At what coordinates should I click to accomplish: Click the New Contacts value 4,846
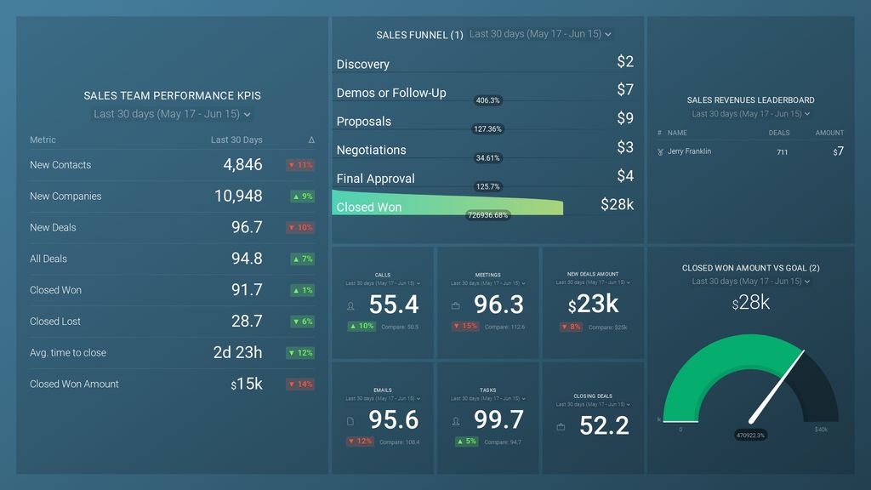pos(242,165)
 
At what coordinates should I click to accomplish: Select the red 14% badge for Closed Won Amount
pos(300,385)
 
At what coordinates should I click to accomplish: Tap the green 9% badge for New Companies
pos(302,197)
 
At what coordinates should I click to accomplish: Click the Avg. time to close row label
pos(68,353)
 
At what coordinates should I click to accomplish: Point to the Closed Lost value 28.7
pos(247,322)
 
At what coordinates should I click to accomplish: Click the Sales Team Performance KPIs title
pos(172,96)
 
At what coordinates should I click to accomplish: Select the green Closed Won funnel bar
pos(447,207)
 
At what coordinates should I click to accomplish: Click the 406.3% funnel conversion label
pos(488,100)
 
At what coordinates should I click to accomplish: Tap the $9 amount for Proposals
pos(625,118)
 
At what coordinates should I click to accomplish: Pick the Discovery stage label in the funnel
pos(363,65)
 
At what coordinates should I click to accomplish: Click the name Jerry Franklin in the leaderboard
pos(689,151)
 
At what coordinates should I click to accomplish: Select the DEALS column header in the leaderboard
pos(778,133)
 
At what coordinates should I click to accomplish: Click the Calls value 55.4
pos(394,305)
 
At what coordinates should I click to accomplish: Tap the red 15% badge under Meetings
pos(464,327)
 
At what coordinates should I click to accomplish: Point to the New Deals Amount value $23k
pos(593,305)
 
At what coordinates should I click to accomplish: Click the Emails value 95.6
pos(394,420)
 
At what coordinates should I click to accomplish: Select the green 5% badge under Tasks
pos(464,442)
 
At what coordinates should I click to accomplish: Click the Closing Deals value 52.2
pos(604,426)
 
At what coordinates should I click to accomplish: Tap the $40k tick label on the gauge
pos(821,430)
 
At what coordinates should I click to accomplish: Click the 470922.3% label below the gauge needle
pos(750,436)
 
